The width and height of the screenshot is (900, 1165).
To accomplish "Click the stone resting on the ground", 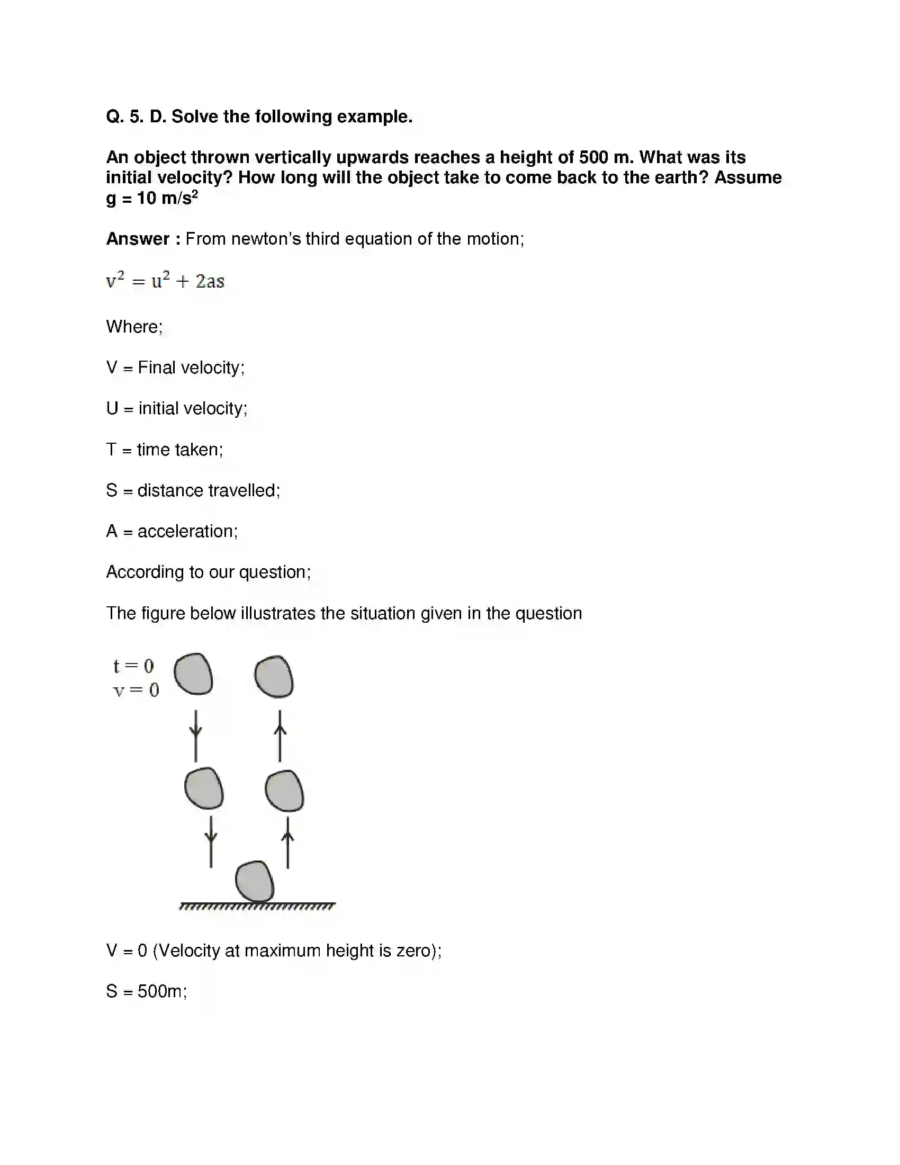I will (255, 881).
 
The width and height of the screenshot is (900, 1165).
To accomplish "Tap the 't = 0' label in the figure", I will (133, 666).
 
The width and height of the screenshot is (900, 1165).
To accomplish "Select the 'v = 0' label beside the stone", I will (136, 690).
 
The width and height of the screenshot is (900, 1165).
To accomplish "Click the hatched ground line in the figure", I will (257, 906).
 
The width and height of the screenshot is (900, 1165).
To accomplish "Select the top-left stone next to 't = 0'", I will (194, 674).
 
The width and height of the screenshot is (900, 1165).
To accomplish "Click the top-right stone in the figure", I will (274, 676).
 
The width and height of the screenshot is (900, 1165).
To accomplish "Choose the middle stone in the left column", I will (204, 788).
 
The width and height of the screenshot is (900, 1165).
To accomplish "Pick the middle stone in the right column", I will (284, 791).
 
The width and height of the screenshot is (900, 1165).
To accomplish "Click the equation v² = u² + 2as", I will (165, 281).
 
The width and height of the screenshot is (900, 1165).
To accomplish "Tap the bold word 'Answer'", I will (138, 239).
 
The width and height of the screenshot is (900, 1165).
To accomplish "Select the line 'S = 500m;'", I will (147, 991).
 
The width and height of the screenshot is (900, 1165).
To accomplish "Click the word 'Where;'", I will (134, 326).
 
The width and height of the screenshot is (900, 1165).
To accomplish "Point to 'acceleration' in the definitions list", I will (186, 531).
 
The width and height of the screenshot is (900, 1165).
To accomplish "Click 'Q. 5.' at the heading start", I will (125, 116).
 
